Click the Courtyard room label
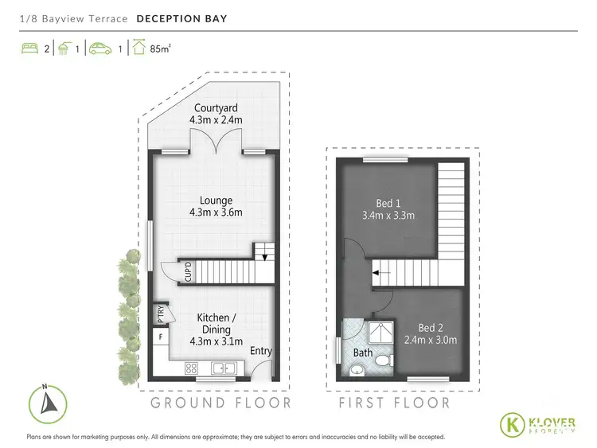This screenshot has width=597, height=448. point(215,114)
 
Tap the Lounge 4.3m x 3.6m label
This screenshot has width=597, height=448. point(216,206)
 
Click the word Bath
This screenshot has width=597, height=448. point(363,353)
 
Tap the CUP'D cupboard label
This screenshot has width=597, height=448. point(189,273)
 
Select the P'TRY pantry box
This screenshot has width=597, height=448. point(160,313)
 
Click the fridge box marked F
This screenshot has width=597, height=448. point(160,337)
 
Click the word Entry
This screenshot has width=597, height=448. point(260,351)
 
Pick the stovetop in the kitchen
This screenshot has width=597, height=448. point(192,368)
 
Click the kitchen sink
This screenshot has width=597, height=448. point(222,368)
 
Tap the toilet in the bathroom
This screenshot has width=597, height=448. point(382,362)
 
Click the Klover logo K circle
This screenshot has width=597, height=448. point(513,423)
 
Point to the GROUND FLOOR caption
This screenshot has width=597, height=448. point(220,403)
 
